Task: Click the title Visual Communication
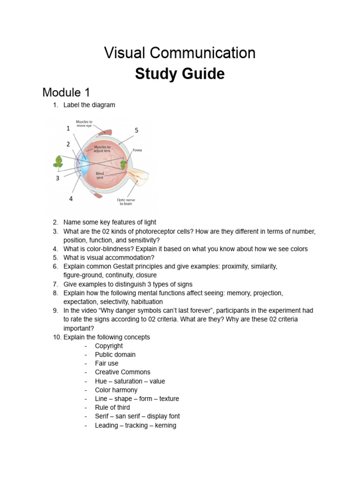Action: pos(180,53)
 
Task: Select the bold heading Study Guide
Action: pos(180,74)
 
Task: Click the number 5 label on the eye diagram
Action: pos(136,130)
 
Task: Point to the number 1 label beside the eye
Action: pos(68,127)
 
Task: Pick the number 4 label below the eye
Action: pos(71,199)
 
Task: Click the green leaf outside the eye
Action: pos(59,162)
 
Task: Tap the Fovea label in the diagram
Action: pos(137,150)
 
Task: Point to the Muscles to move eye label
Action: pos(84,124)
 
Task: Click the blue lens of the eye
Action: pos(85,165)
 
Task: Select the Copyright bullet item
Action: pos(109,346)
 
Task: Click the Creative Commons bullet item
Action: pos(122,372)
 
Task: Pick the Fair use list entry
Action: pos(106,363)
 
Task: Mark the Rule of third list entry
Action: pos(112,407)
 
